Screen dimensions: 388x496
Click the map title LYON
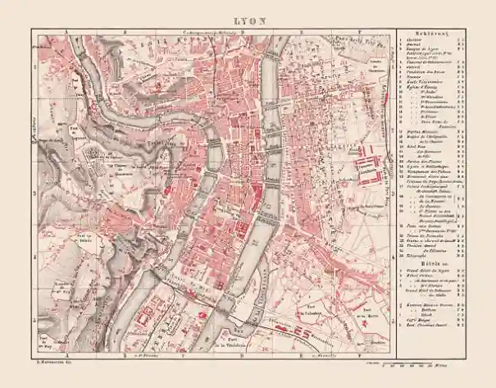coord(248,18)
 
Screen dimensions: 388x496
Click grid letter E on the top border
coord(300,28)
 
